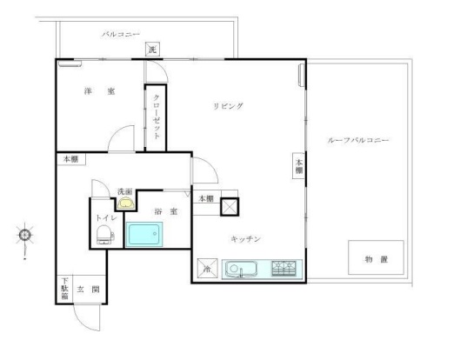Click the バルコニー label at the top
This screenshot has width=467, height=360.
coord(118,35)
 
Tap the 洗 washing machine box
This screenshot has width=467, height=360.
coord(152,50)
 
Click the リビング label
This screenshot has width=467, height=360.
coord(229,106)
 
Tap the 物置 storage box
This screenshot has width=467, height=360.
coord(376,258)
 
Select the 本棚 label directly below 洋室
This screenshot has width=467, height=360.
coord(70,160)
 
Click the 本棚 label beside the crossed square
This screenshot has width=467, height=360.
coord(204,199)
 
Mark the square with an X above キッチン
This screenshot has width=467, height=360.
coord(230,207)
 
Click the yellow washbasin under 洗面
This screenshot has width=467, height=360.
coord(127,204)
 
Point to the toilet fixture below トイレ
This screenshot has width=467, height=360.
coord(104,232)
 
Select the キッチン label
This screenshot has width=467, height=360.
coord(246,238)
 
